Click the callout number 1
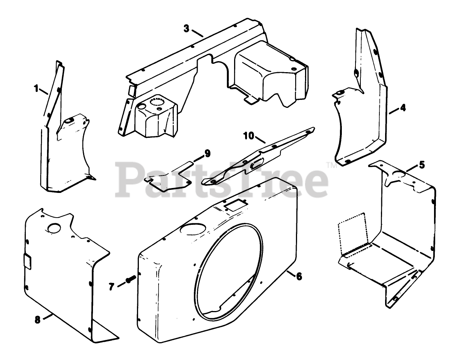click(x=36, y=89)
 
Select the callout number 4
click(x=403, y=108)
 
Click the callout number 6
click(x=299, y=276)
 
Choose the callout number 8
click(x=37, y=320)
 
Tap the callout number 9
click(x=207, y=153)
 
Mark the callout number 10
click(x=248, y=136)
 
